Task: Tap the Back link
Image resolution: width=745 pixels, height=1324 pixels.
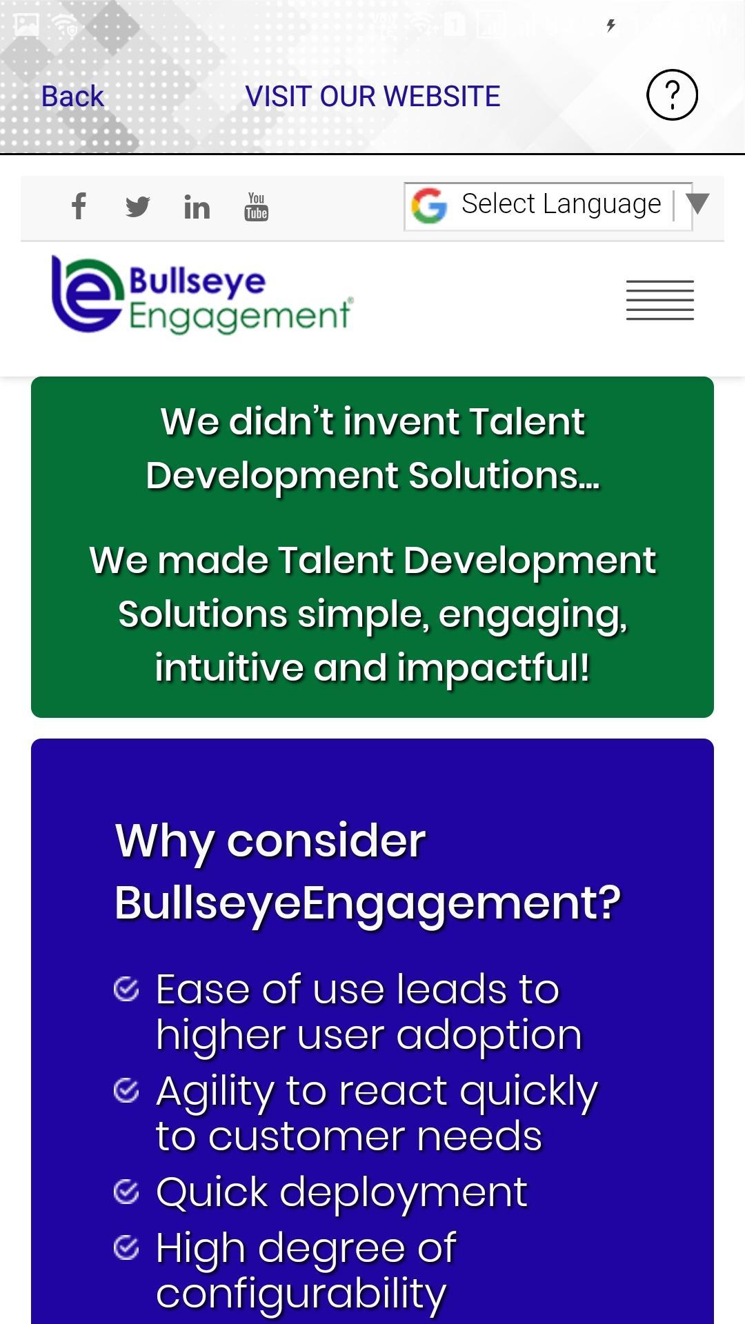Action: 72,97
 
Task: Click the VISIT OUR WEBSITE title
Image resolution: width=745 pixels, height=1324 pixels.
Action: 372,97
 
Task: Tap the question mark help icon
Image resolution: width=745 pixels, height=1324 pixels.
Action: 672,95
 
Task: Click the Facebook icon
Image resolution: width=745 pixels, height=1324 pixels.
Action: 79,206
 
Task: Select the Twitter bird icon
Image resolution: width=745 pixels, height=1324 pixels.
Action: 138,207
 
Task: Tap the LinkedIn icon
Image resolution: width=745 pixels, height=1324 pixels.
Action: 197,207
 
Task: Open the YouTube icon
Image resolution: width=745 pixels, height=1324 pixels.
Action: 256,207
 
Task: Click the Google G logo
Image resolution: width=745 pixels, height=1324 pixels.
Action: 429,205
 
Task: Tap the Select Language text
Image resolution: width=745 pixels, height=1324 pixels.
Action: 561,204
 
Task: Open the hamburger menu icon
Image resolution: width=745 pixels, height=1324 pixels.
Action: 660,300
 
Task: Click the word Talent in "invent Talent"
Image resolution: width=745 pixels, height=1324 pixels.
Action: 527,421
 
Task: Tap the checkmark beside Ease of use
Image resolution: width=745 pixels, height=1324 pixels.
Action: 126,989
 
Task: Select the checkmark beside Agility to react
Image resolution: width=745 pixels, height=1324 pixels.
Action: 126,1091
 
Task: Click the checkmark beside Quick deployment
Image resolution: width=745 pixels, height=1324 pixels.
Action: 126,1192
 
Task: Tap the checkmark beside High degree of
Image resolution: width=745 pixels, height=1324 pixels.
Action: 126,1247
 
